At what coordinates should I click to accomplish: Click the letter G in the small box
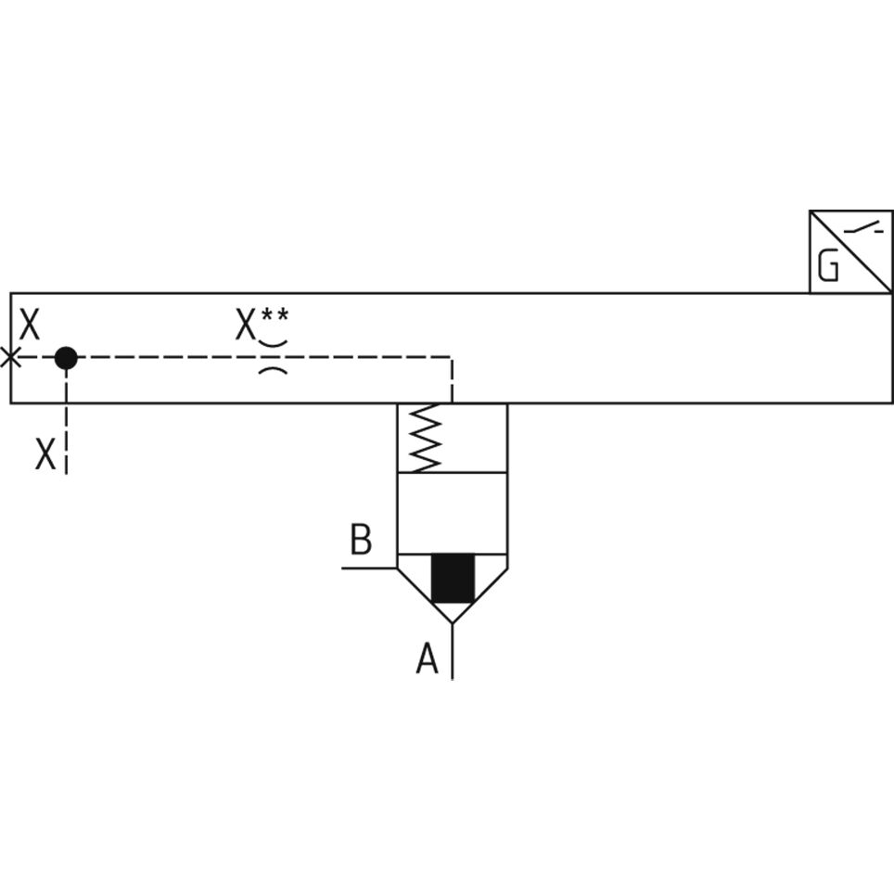pyautogui.click(x=828, y=268)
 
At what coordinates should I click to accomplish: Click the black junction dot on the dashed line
pyautogui.click(x=66, y=357)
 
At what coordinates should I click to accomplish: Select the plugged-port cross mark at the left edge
pyautogui.click(x=10, y=357)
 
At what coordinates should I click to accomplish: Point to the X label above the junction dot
pyautogui.click(x=30, y=326)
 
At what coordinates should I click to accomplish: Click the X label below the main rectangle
pyautogui.click(x=45, y=454)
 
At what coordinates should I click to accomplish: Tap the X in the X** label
pyautogui.click(x=245, y=326)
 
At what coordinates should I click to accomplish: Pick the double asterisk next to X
pyautogui.click(x=275, y=315)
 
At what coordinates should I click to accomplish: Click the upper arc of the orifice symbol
pyautogui.click(x=272, y=344)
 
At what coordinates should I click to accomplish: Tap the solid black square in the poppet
pyautogui.click(x=453, y=578)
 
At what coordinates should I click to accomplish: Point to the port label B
pyautogui.click(x=361, y=539)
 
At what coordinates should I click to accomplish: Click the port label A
pyautogui.click(x=427, y=659)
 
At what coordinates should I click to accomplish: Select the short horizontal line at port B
pyautogui.click(x=369, y=567)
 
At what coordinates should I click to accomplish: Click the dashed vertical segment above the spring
pyautogui.click(x=452, y=380)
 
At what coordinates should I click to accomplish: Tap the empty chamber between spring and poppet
pyautogui.click(x=453, y=513)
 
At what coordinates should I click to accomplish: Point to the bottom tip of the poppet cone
pyautogui.click(x=453, y=622)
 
